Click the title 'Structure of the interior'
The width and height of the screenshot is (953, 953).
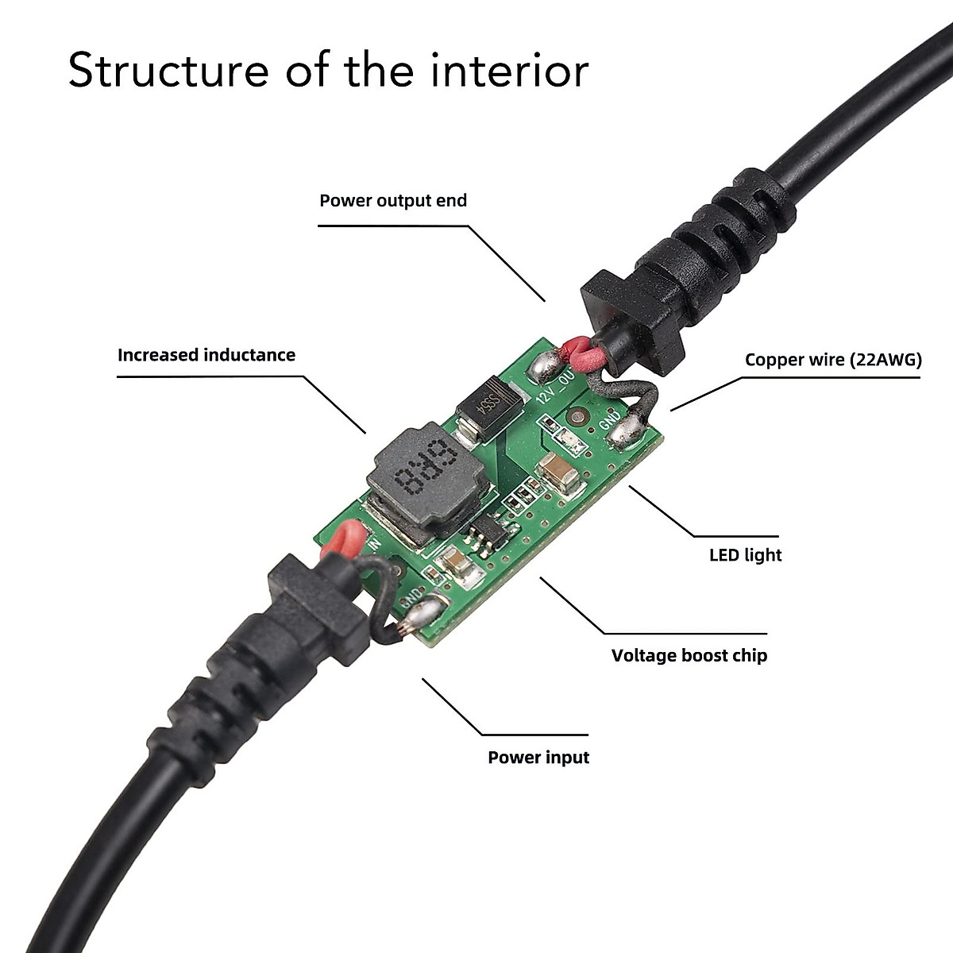328,70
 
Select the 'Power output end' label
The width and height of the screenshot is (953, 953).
393,200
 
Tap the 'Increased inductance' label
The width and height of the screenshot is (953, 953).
206,355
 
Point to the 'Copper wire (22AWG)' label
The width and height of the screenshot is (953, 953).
833,360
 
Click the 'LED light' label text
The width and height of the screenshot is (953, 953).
745,554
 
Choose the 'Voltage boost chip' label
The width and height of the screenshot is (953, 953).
689,655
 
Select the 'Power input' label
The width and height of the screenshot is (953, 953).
538,757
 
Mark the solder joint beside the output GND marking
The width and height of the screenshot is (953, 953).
632,430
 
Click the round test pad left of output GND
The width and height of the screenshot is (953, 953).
577,417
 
